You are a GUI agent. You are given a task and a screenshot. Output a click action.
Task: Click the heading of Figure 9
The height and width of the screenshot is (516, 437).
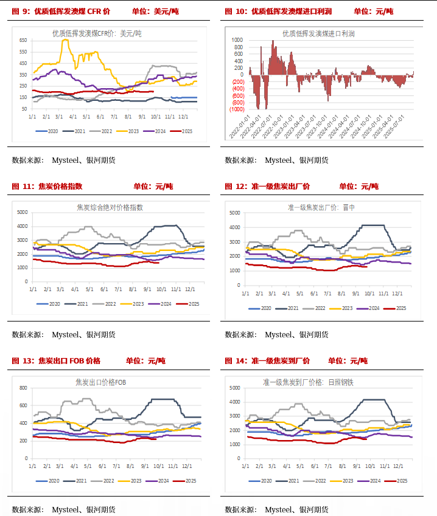coord(61,12)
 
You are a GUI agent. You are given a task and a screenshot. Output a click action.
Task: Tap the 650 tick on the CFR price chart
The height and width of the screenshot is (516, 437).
coord(23,40)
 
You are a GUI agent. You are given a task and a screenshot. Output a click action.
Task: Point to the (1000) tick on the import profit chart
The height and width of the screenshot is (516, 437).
coord(237,109)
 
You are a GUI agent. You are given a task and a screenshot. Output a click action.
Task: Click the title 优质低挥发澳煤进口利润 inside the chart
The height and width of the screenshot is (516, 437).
coord(318,34)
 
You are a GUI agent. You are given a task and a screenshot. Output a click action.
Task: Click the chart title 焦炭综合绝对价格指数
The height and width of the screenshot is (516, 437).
coord(110,207)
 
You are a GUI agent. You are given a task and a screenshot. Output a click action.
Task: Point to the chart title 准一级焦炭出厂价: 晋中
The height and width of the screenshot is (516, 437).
coord(321,207)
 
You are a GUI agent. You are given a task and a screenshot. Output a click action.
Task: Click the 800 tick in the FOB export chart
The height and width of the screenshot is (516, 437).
coord(24,388)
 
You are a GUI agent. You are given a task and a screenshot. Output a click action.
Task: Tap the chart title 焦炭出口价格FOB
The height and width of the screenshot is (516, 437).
coord(101,382)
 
